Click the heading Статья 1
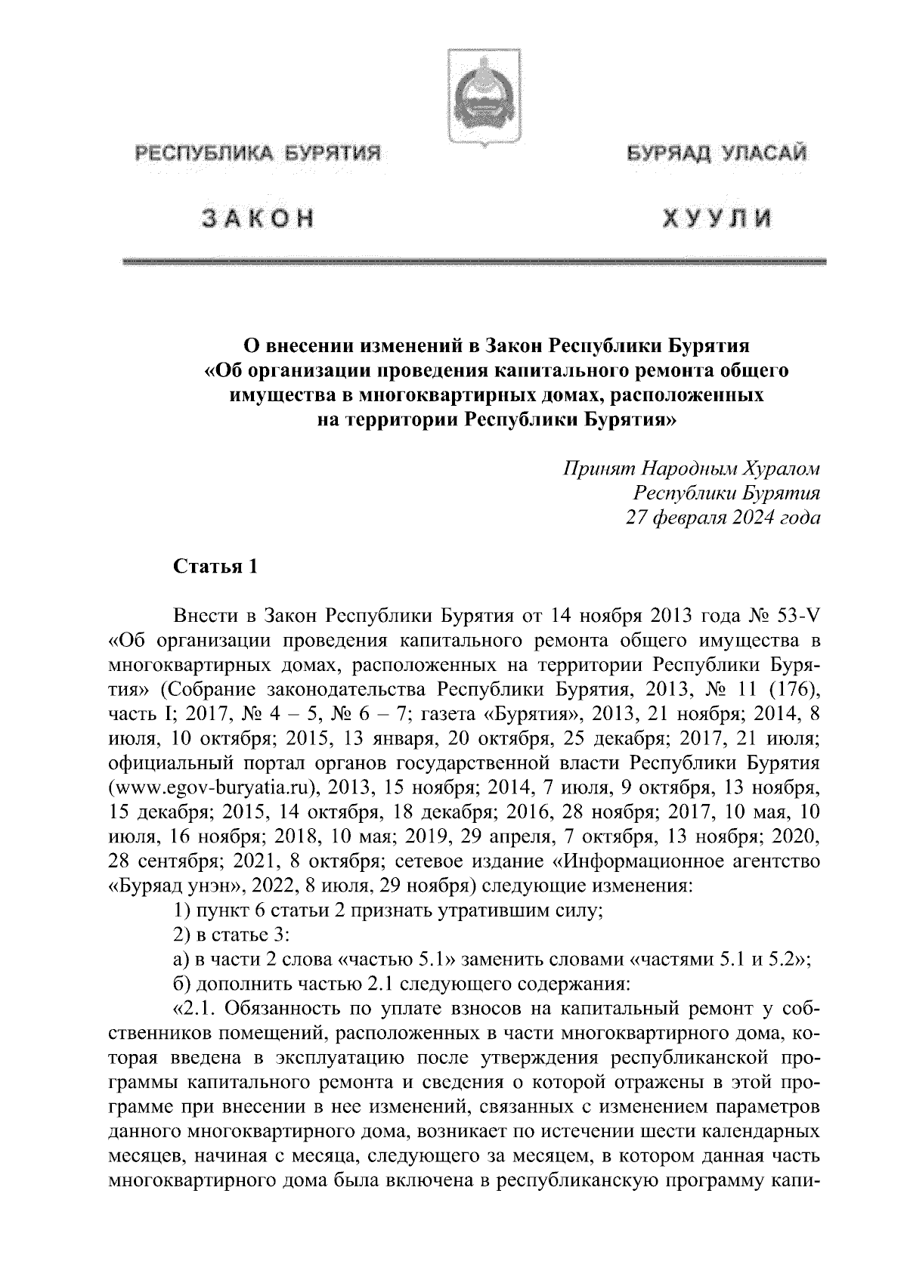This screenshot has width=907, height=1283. point(216,567)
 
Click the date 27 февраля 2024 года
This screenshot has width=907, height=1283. point(723,518)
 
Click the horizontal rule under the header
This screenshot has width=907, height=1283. point(475,261)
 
